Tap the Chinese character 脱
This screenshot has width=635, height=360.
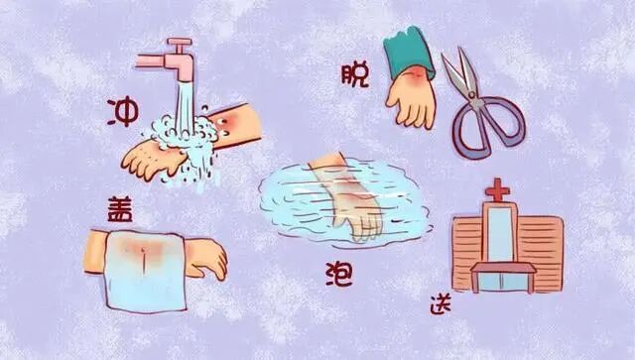click(x=353, y=73)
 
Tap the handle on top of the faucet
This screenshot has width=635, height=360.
click(x=179, y=44)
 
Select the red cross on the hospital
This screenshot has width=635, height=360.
click(x=496, y=190)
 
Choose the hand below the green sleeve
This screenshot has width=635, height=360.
click(x=413, y=100)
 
